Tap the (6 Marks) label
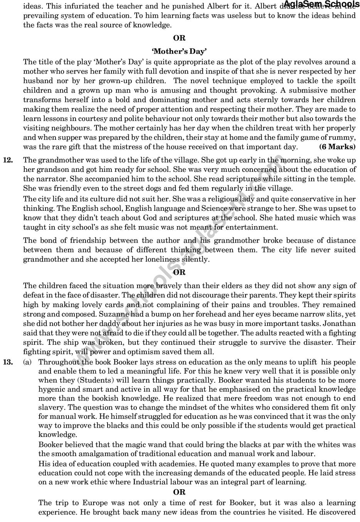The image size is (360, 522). point(338,147)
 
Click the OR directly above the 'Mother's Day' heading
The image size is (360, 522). point(179,38)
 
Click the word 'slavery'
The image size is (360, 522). point(51,407)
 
